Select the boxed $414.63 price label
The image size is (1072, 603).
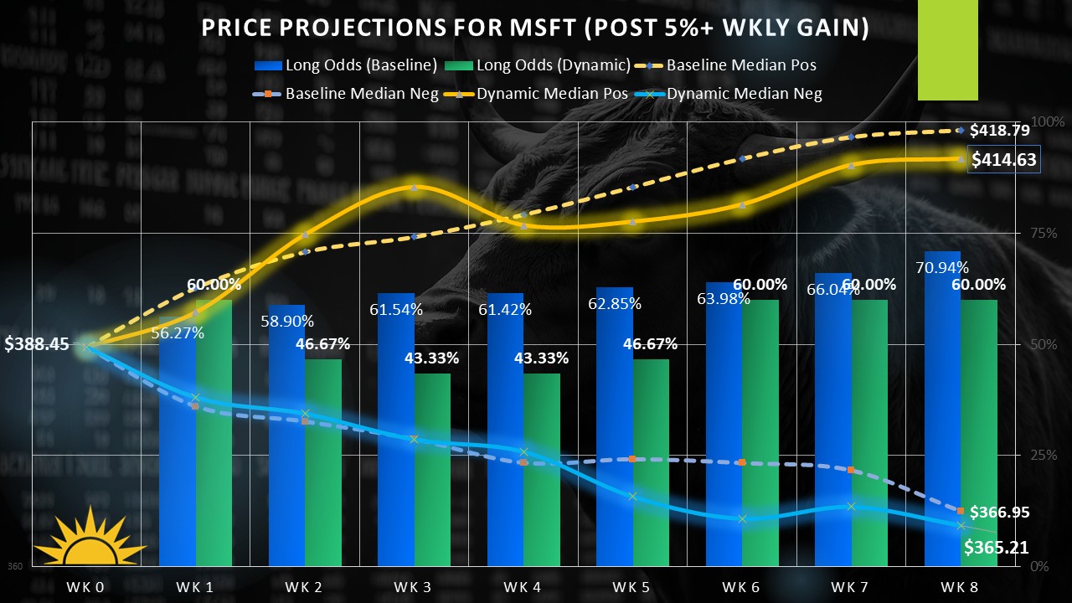coord(1003,160)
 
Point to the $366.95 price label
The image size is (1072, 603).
coord(1000,513)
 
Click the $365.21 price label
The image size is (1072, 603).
coord(996,549)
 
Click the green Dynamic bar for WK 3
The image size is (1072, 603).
coord(432,469)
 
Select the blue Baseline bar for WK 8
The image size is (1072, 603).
coord(942,410)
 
